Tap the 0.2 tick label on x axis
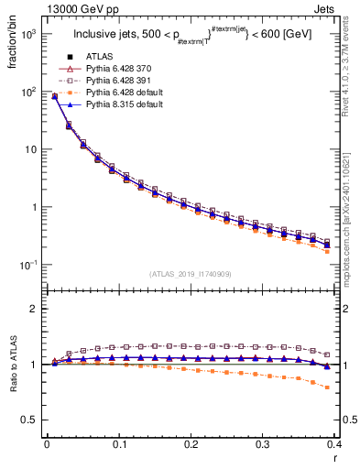click(x=191, y=444)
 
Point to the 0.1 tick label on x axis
click(x=119, y=444)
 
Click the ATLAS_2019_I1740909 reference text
click(x=191, y=274)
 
